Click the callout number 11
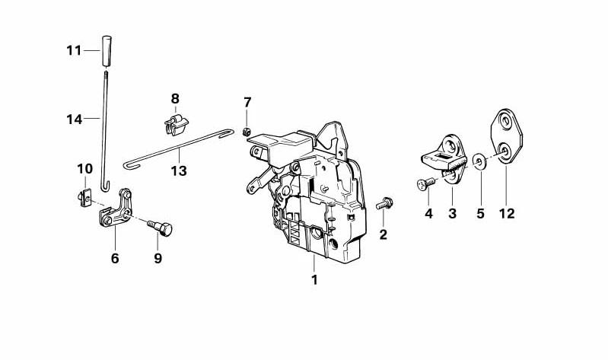point(74,50)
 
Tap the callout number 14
point(74,119)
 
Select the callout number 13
point(179,170)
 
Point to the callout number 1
point(314,279)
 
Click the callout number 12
point(507,213)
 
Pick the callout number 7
point(247,103)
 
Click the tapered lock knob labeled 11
point(107,51)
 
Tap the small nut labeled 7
point(246,132)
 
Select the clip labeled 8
point(176,125)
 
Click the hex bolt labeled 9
point(161,228)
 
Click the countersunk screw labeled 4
point(426,183)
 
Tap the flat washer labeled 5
point(479,161)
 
